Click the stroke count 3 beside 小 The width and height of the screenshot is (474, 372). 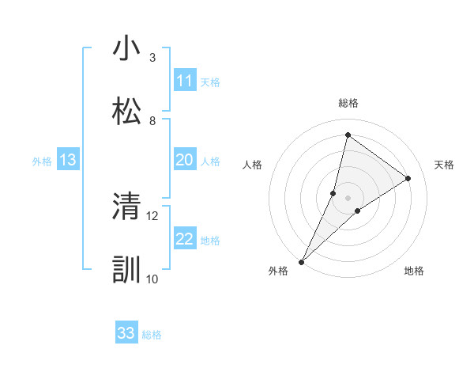tap(152, 58)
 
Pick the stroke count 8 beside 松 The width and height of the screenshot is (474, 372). tap(152, 120)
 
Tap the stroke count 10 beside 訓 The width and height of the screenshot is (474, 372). tap(152, 278)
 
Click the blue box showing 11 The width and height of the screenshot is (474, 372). tap(184, 81)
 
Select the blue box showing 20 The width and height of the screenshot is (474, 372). tap(184, 160)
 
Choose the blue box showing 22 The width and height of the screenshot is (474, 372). tap(184, 239)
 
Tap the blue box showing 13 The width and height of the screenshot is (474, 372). tap(68, 160)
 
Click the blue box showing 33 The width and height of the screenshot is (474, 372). tap(126, 333)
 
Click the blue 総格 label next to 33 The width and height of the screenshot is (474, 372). tap(152, 335)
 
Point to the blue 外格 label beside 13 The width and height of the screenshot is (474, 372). tap(42, 161)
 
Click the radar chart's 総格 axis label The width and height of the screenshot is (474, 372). tap(348, 103)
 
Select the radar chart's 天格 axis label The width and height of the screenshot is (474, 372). tap(444, 165)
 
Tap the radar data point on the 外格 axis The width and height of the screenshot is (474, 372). tap(301, 261)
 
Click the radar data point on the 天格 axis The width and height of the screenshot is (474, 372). tap(408, 178)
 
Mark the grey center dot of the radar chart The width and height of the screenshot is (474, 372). tap(348, 197)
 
